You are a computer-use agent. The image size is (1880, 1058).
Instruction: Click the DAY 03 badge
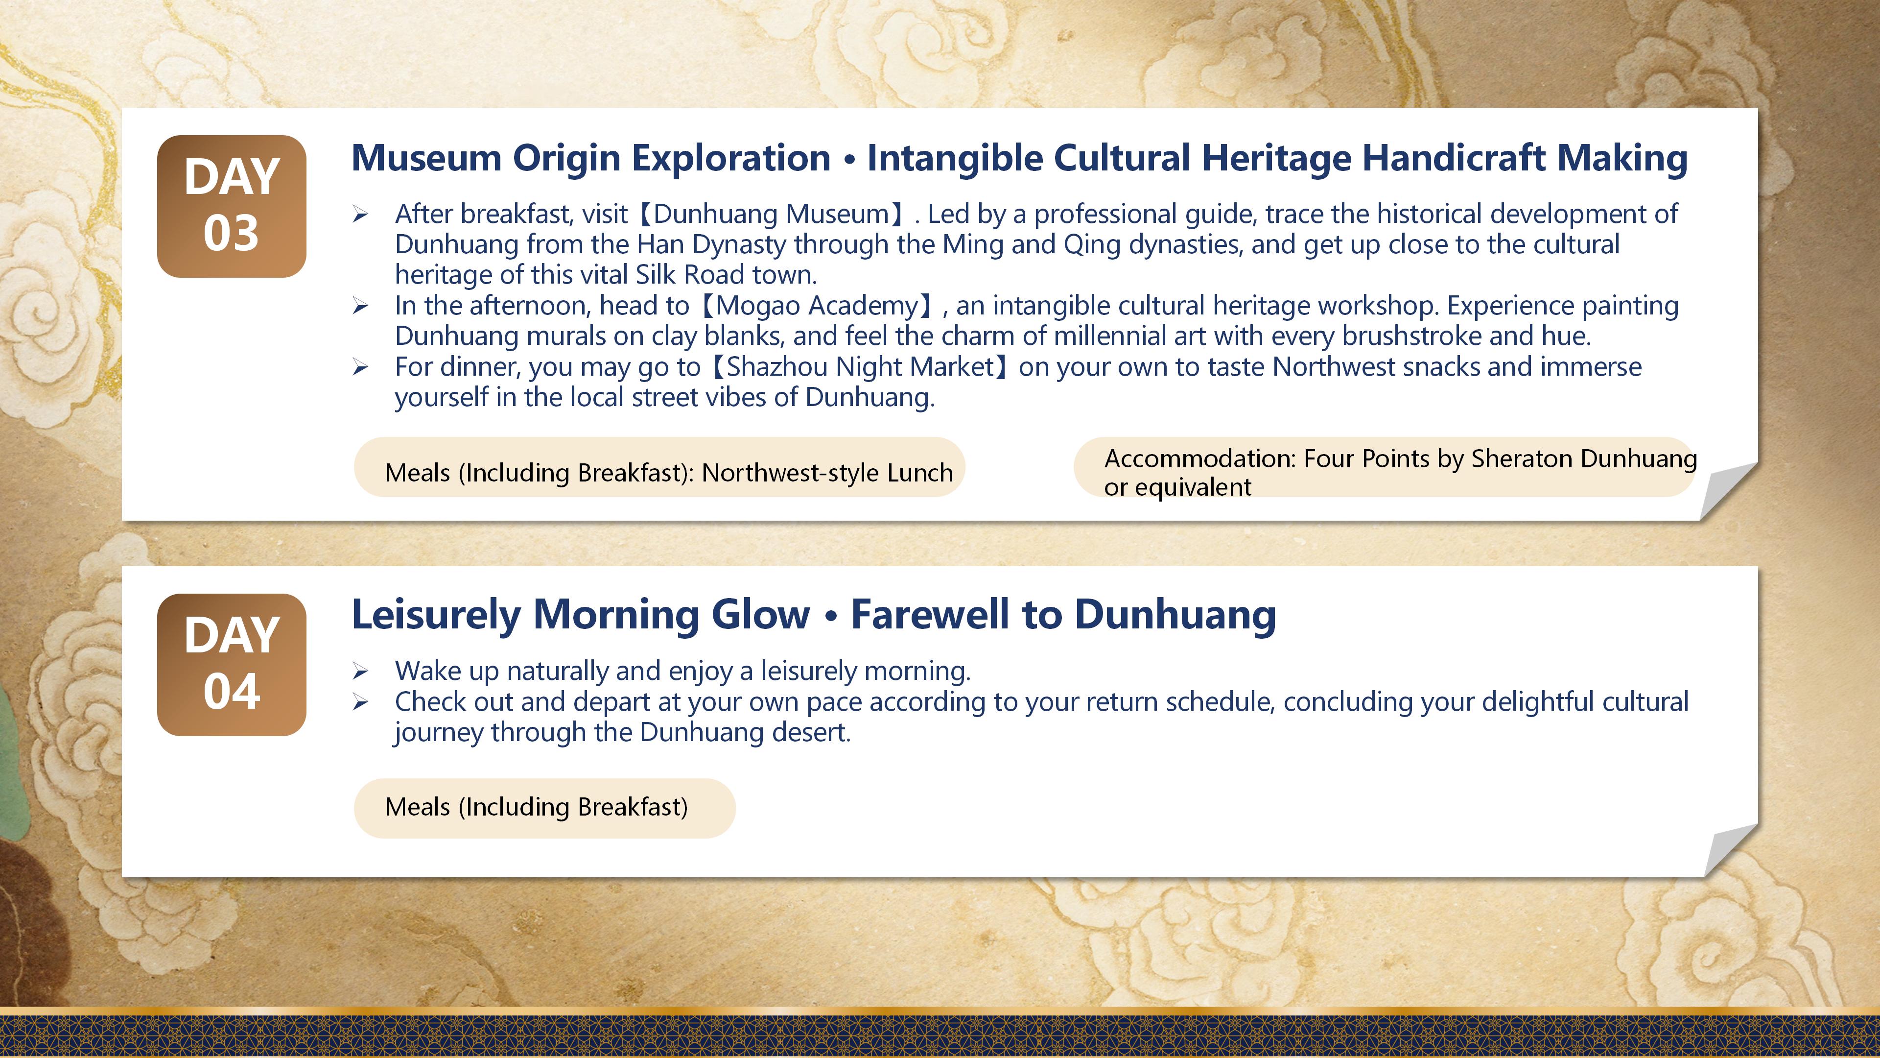[232, 206]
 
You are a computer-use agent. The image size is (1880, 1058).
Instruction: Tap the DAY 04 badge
[232, 665]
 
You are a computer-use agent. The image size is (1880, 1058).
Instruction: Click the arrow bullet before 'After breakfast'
[360, 215]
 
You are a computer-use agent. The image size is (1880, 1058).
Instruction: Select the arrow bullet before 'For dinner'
[360, 367]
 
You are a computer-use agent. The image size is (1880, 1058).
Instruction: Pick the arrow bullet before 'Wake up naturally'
[360, 671]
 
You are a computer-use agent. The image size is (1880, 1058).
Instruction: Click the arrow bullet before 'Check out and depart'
[360, 702]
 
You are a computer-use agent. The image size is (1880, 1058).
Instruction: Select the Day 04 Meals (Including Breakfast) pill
[544, 808]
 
